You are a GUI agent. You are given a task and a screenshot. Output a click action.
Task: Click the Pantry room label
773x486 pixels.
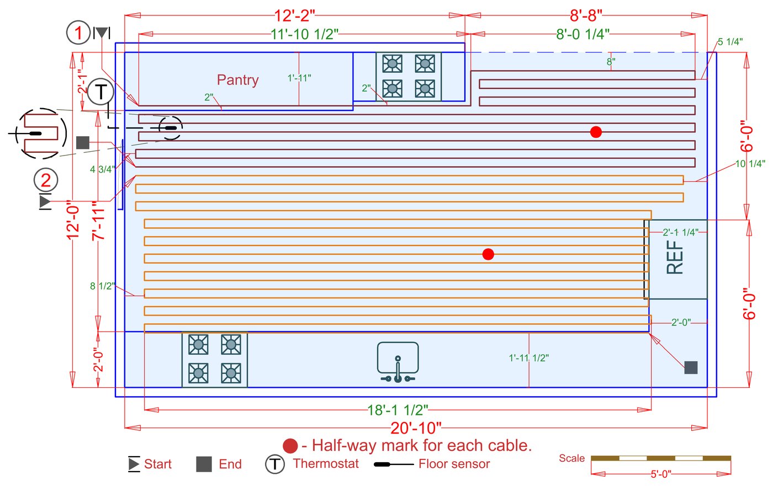(x=238, y=80)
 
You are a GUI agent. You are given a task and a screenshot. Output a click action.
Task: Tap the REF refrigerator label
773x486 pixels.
(x=675, y=257)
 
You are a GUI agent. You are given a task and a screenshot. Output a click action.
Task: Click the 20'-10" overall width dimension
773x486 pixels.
(x=416, y=428)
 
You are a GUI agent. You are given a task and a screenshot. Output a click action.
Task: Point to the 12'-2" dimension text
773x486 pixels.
(x=294, y=15)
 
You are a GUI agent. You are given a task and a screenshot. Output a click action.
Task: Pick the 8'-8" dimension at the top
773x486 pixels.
(x=586, y=15)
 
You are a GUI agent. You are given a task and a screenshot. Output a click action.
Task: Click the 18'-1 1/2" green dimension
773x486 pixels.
(x=398, y=410)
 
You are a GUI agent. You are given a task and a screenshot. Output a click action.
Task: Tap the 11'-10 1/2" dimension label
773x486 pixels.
(x=304, y=34)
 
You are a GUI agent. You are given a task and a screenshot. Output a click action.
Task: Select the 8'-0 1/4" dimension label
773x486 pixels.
(x=583, y=34)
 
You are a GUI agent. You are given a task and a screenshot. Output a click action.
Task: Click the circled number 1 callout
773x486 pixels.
(x=78, y=33)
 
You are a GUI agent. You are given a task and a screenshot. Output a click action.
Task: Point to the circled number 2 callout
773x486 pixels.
(x=45, y=180)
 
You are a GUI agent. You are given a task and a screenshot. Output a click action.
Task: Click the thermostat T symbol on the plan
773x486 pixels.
(x=100, y=92)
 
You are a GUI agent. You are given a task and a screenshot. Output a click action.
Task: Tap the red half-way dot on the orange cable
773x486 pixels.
(x=488, y=254)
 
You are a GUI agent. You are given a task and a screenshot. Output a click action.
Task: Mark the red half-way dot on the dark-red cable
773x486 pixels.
(x=596, y=132)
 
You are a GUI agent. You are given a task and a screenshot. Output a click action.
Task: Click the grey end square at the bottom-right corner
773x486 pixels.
(x=691, y=367)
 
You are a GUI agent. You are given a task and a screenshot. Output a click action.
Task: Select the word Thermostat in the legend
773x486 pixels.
(x=326, y=463)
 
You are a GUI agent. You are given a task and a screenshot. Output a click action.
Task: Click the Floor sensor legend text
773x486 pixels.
(x=454, y=464)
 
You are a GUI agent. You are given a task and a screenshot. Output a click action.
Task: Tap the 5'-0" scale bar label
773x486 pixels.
(x=661, y=474)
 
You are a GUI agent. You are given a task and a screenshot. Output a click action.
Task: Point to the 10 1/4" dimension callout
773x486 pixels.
(x=750, y=164)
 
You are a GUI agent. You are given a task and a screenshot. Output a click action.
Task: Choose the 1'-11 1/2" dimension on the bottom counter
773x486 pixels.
(x=529, y=358)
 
